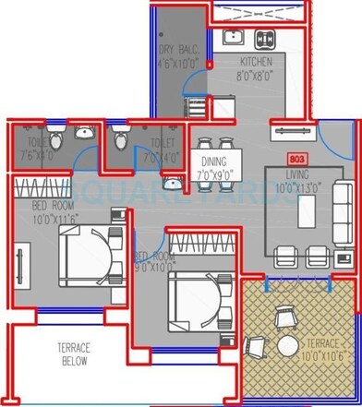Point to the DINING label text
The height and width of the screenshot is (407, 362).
215,162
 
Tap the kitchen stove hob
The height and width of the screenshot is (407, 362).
264,39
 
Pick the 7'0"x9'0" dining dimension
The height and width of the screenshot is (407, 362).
215,174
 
